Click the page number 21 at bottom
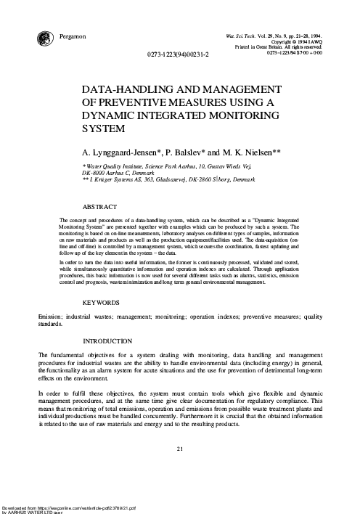tap(180, 448)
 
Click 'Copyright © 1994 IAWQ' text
tap(297, 41)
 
